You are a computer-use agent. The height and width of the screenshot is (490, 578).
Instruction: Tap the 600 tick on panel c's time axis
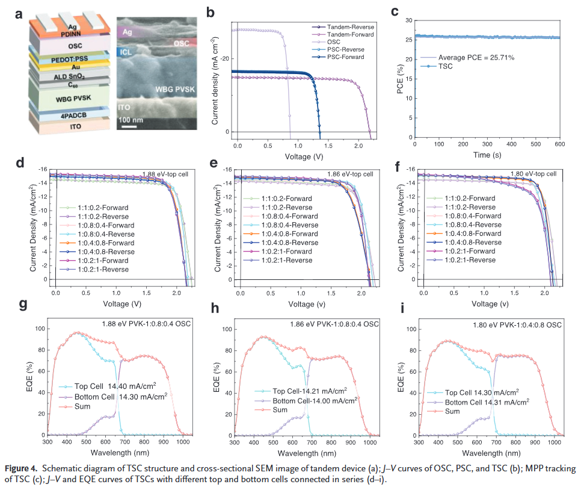(x=559, y=144)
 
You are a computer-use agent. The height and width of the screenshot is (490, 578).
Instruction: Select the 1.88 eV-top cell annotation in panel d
(x=166, y=175)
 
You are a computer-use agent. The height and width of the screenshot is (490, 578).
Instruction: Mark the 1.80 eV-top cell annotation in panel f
(x=533, y=174)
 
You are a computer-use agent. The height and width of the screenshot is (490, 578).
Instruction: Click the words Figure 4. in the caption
(x=22, y=468)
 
